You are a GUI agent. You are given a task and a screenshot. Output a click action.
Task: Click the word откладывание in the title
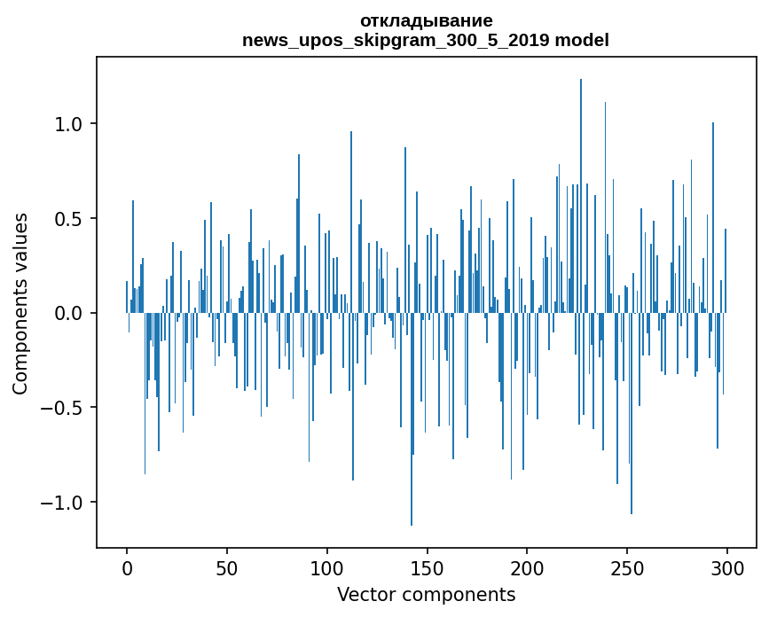[426, 20]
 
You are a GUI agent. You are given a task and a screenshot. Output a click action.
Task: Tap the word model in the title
[582, 40]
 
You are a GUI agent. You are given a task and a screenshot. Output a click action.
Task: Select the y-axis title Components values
[20, 303]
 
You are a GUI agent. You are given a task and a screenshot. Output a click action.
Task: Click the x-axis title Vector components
[426, 594]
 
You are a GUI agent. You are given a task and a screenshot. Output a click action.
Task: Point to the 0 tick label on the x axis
[127, 566]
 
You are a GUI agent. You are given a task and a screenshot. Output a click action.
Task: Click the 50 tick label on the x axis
[227, 566]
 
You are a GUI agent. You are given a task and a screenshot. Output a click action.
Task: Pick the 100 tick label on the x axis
[327, 566]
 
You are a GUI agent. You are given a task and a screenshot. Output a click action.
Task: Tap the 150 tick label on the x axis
[427, 566]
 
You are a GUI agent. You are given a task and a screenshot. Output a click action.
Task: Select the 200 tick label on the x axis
[527, 566]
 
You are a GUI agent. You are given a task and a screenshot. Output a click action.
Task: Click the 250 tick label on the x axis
[627, 566]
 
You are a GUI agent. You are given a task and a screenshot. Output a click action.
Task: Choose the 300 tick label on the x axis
[727, 566]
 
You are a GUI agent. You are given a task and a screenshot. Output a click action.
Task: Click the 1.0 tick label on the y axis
[69, 124]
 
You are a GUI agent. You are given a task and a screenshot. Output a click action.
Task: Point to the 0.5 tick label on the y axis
[69, 219]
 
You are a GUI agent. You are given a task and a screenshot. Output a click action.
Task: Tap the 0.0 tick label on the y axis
[69, 314]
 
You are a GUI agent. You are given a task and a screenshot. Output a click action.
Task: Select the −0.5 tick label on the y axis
[62, 409]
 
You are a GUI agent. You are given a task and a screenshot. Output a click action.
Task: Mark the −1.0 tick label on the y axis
[62, 504]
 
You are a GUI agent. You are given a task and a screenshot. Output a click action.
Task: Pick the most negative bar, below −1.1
[412, 426]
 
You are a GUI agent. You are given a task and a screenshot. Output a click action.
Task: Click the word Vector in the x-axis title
[365, 594]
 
